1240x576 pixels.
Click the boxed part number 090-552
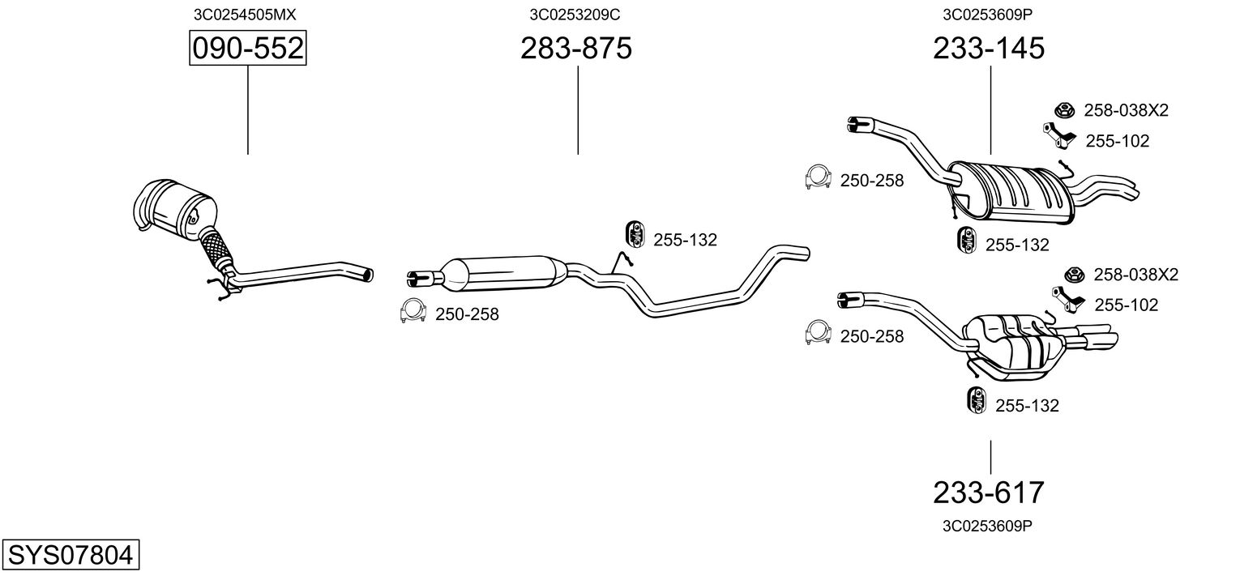click(x=247, y=49)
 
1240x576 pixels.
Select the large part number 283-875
click(x=575, y=49)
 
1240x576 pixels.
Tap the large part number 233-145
click(x=989, y=49)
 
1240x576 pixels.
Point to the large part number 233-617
click(x=989, y=492)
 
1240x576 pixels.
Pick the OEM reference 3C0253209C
click(x=575, y=14)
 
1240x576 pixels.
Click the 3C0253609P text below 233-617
click(x=987, y=526)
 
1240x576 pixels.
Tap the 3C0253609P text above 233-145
click(x=987, y=14)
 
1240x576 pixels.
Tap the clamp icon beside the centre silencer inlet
click(x=413, y=311)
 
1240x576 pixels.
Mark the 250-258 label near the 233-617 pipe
click(x=871, y=336)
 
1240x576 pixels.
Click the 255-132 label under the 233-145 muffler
click(x=1017, y=245)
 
